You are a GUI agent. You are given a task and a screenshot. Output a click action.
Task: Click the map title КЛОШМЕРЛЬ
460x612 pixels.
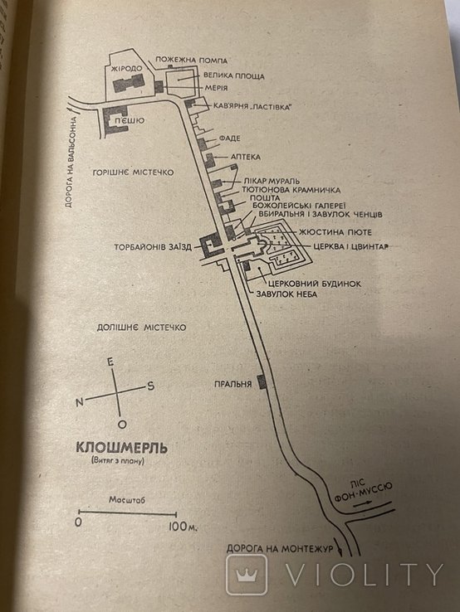[x=121, y=447]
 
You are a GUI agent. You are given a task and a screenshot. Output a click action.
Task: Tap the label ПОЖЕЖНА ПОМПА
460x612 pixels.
[x=192, y=60]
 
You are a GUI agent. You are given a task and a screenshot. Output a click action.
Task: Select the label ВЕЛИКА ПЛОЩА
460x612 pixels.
[x=234, y=75]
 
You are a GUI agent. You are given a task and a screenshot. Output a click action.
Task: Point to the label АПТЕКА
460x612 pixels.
[x=246, y=157]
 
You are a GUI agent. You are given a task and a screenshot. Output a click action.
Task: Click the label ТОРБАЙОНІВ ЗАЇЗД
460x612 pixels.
[x=153, y=247]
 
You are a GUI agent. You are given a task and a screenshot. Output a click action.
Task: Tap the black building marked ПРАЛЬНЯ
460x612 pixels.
[x=262, y=381]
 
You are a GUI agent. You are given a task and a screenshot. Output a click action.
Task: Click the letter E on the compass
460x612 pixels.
[x=110, y=362]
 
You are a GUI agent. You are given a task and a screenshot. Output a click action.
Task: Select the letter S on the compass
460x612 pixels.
[x=150, y=386]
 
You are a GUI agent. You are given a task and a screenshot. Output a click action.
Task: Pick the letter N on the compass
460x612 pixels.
[x=80, y=402]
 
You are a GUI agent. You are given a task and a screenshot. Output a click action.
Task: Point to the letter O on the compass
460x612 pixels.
[x=122, y=425]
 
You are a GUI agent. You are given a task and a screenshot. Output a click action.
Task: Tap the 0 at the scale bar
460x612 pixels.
[x=78, y=522]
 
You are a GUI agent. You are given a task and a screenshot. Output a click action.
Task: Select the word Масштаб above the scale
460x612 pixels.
[x=127, y=499]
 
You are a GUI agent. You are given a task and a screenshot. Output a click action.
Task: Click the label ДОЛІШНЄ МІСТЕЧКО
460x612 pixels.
[x=141, y=327]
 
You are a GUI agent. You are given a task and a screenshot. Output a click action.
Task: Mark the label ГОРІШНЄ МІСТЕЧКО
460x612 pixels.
[x=133, y=172]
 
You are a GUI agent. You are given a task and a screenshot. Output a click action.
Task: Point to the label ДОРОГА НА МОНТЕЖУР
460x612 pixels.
[x=280, y=549]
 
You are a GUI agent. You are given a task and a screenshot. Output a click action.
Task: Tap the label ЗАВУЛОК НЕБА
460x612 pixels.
[x=286, y=294]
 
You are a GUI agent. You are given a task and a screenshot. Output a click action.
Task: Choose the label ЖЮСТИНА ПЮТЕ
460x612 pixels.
[x=335, y=232]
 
